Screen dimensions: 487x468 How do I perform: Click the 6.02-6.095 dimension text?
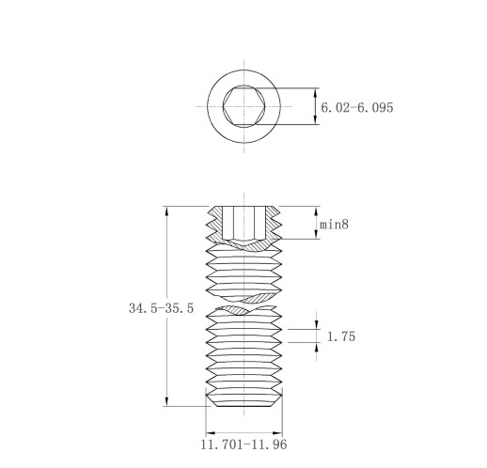(x=357, y=108)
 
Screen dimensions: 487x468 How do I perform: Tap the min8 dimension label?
(x=334, y=225)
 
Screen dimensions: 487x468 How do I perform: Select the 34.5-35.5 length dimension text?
(x=161, y=308)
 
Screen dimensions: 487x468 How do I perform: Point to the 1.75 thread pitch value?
(x=341, y=336)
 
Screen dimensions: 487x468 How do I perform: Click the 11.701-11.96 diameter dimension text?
(x=243, y=445)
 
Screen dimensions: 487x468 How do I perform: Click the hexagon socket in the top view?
(x=244, y=106)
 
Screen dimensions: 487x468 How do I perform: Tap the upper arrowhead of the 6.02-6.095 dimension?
(x=316, y=92)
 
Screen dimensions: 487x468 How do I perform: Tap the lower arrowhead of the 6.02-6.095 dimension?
(x=316, y=120)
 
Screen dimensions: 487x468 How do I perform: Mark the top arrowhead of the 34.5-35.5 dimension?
(x=166, y=211)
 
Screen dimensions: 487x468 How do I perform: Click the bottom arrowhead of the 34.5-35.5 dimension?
(x=166, y=401)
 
